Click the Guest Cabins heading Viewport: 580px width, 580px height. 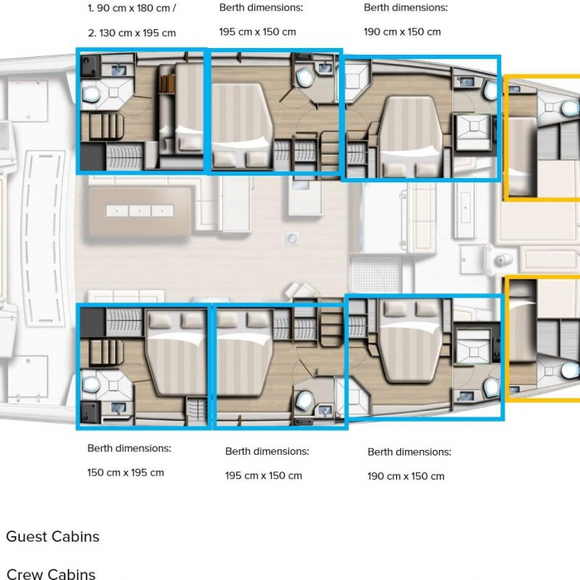tap(53, 537)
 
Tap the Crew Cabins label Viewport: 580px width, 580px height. tap(51, 573)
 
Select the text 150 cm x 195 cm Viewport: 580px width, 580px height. tap(126, 473)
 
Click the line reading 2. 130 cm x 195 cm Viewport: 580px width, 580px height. tap(132, 33)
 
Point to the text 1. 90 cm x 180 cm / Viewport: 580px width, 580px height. tap(132, 8)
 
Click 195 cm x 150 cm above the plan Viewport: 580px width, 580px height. tap(258, 31)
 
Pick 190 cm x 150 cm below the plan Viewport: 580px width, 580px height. tap(406, 476)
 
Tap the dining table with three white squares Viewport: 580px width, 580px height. tap(140, 211)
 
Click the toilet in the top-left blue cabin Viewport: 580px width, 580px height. tap(90, 94)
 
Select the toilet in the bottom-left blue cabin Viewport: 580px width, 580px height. tap(90, 384)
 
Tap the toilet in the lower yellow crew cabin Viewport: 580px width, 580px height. tap(570, 370)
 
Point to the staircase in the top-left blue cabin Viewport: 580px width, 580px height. tap(102, 127)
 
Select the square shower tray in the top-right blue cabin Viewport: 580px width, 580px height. tap(474, 127)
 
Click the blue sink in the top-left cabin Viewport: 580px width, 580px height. tap(119, 70)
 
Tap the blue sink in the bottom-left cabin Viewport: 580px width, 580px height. tap(118, 408)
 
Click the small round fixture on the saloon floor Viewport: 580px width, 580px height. tap(292, 239)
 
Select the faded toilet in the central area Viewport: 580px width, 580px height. tap(500, 260)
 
